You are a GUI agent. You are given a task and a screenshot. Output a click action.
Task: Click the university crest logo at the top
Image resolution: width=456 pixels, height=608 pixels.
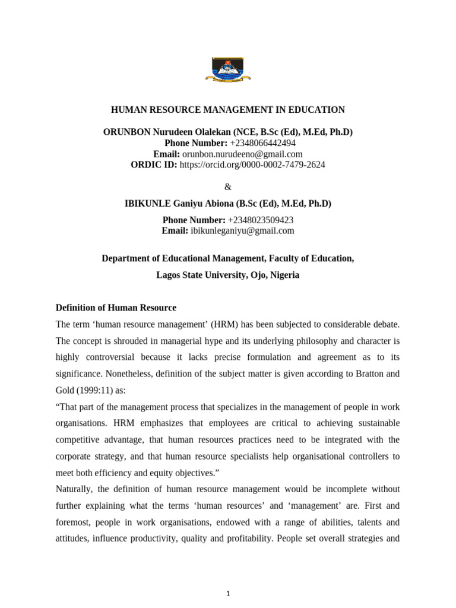pyautogui.click(x=228, y=69)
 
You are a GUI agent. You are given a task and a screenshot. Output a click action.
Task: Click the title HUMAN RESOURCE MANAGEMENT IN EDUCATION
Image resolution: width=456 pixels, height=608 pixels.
pyautogui.click(x=228, y=110)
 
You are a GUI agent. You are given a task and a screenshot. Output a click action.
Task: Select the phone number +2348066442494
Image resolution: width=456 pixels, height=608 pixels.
pyautogui.click(x=262, y=143)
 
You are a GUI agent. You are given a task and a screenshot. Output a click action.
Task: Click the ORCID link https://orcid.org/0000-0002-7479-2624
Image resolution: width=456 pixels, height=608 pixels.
pyautogui.click(x=252, y=164)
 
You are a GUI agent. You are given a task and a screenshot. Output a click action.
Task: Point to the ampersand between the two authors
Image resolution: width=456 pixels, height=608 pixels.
pyautogui.click(x=228, y=186)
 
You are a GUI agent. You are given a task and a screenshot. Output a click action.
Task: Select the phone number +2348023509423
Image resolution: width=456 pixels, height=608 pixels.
pyautogui.click(x=261, y=220)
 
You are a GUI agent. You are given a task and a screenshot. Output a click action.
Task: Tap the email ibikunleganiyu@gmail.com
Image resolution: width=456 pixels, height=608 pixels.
pyautogui.click(x=242, y=231)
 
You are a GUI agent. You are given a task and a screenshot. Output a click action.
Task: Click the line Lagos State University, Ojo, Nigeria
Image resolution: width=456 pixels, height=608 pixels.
pyautogui.click(x=228, y=275)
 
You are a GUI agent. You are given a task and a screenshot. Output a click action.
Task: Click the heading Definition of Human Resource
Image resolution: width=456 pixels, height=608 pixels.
pyautogui.click(x=116, y=308)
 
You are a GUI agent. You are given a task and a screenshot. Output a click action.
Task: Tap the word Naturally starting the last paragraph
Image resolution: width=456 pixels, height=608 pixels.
pyautogui.click(x=75, y=489)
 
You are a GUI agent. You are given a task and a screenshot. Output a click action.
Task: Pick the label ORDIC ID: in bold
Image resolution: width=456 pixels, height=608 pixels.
pyautogui.click(x=154, y=164)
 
